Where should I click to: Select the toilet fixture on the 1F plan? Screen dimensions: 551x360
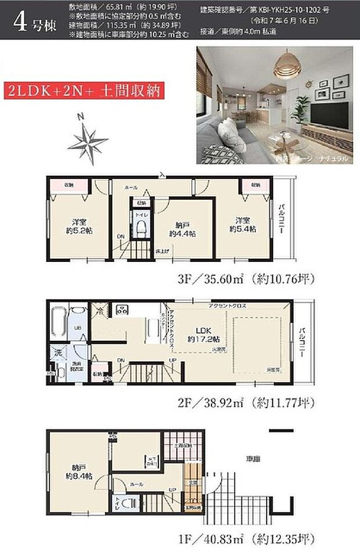point(129,503)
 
